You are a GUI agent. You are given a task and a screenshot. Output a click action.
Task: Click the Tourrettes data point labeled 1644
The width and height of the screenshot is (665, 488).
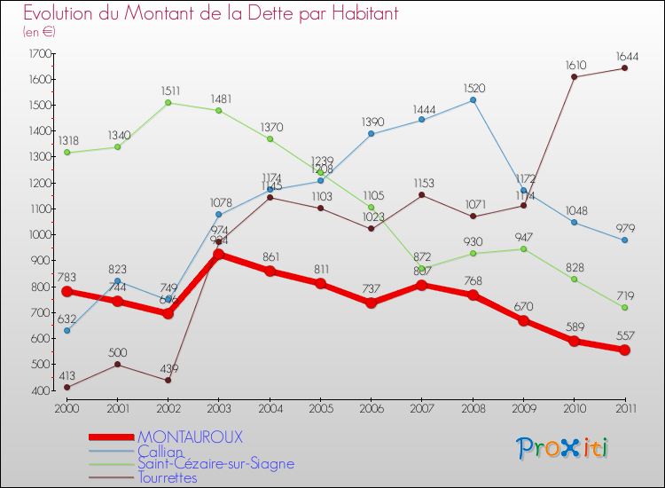click(x=625, y=68)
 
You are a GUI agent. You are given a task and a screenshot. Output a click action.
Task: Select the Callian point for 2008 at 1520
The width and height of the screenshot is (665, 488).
click(x=473, y=100)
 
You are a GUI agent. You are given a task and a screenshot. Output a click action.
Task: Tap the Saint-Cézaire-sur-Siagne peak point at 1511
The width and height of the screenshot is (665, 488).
click(x=168, y=102)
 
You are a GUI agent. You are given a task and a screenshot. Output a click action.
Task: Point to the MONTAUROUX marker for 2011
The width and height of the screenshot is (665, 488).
click(x=625, y=350)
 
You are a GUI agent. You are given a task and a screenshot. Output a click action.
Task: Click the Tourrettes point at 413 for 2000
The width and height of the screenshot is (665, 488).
click(x=66, y=387)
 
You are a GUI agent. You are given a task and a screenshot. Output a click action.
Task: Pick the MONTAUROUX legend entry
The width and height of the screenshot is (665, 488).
click(x=190, y=437)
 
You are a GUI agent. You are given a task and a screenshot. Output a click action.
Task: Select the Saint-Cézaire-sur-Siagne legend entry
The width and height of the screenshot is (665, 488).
click(x=215, y=464)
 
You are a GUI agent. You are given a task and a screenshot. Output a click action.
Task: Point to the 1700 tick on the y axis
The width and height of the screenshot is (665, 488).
click(x=41, y=53)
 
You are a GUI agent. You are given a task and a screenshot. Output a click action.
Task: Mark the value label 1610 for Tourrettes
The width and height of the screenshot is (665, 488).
click(x=575, y=64)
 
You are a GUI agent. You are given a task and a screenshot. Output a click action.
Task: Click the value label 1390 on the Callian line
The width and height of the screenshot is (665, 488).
click(x=372, y=121)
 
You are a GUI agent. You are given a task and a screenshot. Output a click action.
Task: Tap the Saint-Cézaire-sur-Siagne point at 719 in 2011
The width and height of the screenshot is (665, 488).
click(x=625, y=308)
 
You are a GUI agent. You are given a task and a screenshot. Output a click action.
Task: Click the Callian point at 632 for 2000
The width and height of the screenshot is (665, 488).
click(x=66, y=330)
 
